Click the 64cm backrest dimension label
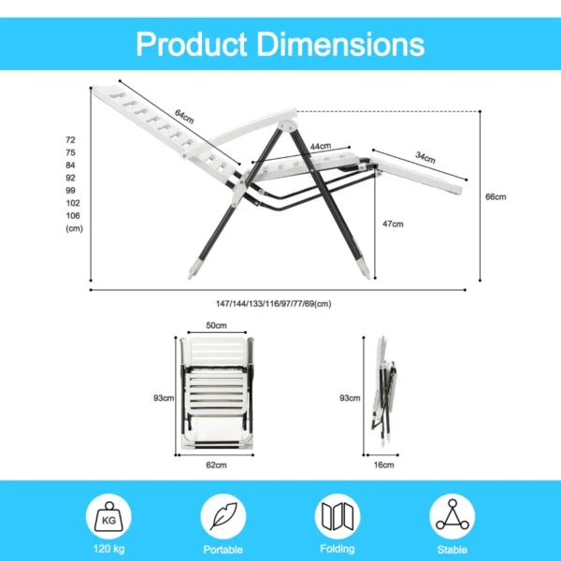click(x=184, y=119)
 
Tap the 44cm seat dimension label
click(x=321, y=147)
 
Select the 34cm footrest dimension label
click(x=425, y=159)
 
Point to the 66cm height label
click(x=496, y=197)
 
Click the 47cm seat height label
click(x=394, y=224)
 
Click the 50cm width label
click(x=216, y=325)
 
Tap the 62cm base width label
click(x=216, y=465)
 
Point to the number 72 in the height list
click(x=70, y=139)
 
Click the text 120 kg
click(x=109, y=550)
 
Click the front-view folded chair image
click(x=216, y=396)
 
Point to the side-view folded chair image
click(x=384, y=396)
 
